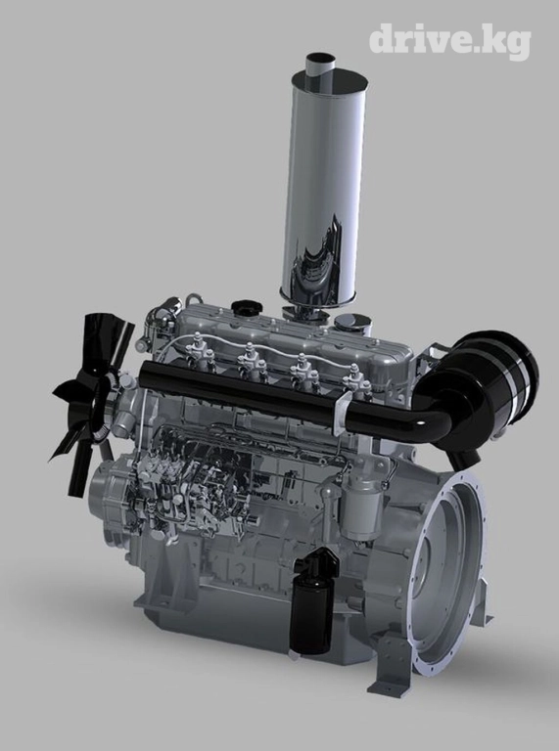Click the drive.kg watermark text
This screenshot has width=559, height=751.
click(449, 41)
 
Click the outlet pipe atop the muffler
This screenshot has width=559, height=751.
click(320, 64)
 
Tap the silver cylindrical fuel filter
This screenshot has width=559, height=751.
click(361, 510)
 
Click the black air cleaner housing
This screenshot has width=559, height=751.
click(480, 388)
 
